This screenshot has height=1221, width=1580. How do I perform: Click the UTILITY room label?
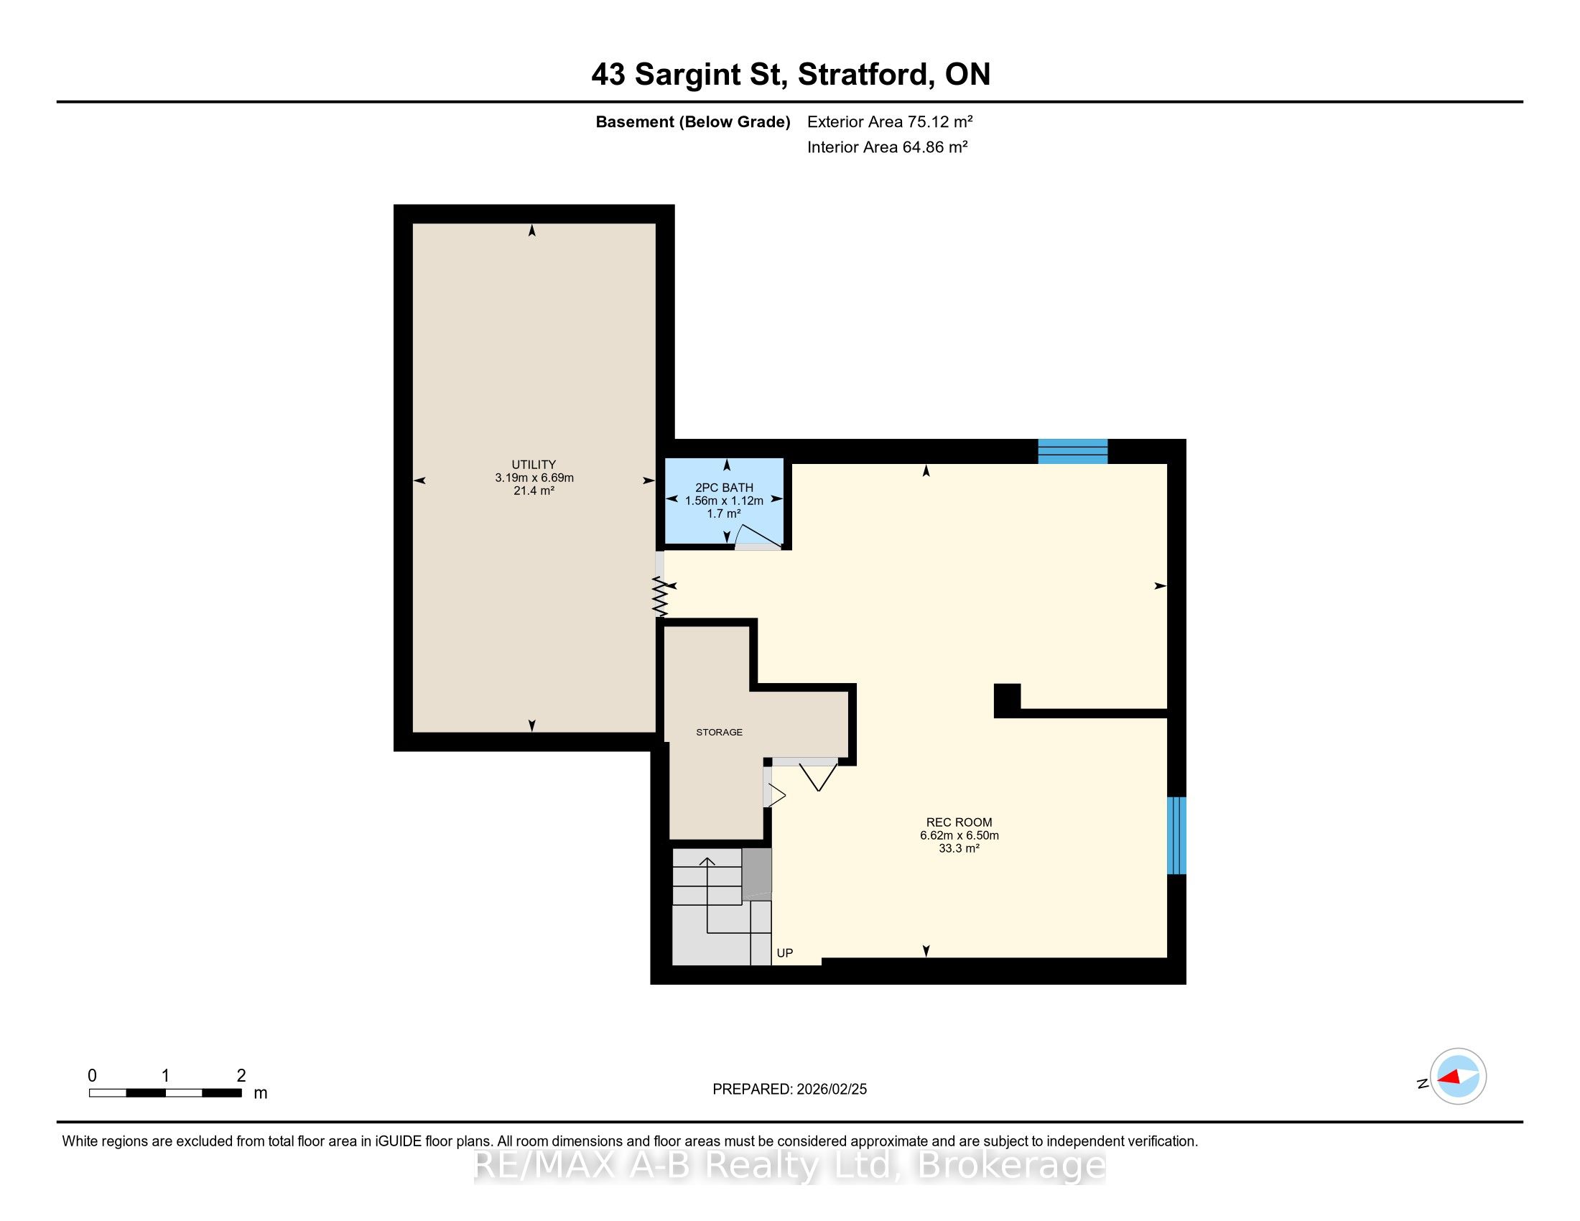click(x=534, y=465)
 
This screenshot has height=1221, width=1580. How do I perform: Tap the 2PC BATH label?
click(x=724, y=488)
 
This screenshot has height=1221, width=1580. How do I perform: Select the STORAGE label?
click(x=719, y=732)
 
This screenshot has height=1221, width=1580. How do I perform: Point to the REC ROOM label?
click(x=959, y=822)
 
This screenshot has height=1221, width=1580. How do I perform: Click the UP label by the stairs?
click(x=785, y=953)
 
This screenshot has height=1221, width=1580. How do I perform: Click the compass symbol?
click(x=1458, y=1076)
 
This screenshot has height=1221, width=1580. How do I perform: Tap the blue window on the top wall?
click(x=1073, y=451)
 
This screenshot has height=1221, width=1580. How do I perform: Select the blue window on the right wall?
click(x=1177, y=835)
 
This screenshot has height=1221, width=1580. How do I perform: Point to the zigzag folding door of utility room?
click(x=660, y=597)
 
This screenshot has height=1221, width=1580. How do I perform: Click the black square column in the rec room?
click(x=1007, y=700)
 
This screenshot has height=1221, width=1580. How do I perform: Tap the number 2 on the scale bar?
click(x=241, y=1076)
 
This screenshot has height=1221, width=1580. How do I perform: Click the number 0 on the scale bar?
click(x=92, y=1076)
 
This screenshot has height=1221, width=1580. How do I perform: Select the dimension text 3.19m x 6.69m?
click(x=534, y=478)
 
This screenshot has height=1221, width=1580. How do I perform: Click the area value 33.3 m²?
click(x=959, y=848)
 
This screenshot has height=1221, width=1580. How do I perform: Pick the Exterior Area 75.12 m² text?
click(x=890, y=121)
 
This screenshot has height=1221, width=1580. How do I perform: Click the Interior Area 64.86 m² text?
click(x=888, y=147)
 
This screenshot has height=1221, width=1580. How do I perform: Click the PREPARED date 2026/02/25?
click(x=831, y=1090)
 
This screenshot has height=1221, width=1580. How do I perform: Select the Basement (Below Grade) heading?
click(x=692, y=121)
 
